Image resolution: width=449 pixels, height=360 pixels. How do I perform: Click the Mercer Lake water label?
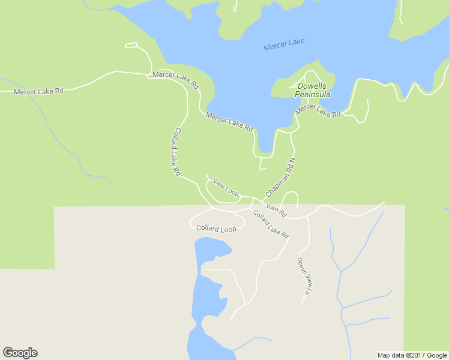click(284, 44)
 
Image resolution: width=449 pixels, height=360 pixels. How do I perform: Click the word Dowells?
click(312, 86)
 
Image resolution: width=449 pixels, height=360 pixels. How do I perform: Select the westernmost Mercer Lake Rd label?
click(38, 91)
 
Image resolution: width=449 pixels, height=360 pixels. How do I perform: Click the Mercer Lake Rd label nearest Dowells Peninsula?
click(318, 110)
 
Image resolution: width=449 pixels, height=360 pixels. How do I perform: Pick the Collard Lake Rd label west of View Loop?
click(177, 151)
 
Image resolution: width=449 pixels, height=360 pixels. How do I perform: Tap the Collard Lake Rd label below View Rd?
click(271, 224)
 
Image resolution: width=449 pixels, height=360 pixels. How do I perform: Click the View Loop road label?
click(226, 188)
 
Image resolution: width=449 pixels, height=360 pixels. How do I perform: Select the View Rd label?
click(277, 210)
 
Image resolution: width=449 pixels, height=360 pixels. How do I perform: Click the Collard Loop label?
click(216, 229)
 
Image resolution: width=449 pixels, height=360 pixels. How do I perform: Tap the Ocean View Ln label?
click(305, 276)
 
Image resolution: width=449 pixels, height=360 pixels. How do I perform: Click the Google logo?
click(20, 353)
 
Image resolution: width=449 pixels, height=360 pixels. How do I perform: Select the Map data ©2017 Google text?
click(412, 355)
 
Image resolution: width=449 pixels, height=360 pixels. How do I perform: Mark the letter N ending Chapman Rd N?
click(293, 161)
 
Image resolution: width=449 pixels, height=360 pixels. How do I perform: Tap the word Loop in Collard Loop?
click(227, 229)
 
